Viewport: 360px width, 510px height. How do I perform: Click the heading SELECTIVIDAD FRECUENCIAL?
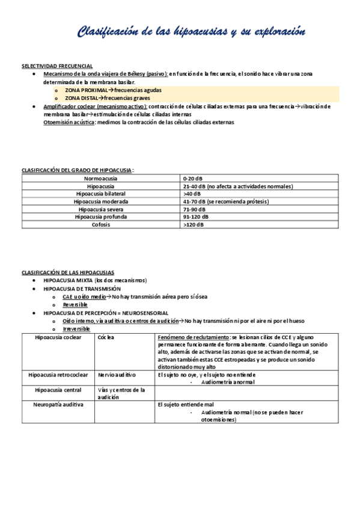(57, 66)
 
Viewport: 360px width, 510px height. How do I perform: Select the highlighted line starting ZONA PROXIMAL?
(105, 90)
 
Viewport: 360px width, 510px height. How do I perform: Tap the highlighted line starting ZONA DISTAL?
(100, 97)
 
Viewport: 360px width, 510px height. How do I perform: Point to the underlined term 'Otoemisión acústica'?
(69, 122)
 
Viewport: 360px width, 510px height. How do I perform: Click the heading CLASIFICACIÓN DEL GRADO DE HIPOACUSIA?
(78, 171)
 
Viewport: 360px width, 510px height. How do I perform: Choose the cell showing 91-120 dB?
(196, 217)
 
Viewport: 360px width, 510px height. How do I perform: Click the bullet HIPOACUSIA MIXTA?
(95, 280)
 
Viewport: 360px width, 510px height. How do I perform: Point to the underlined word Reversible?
(75, 305)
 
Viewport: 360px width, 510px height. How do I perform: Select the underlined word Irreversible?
(76, 329)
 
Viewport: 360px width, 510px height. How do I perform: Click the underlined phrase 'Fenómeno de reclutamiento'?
(194, 337)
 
